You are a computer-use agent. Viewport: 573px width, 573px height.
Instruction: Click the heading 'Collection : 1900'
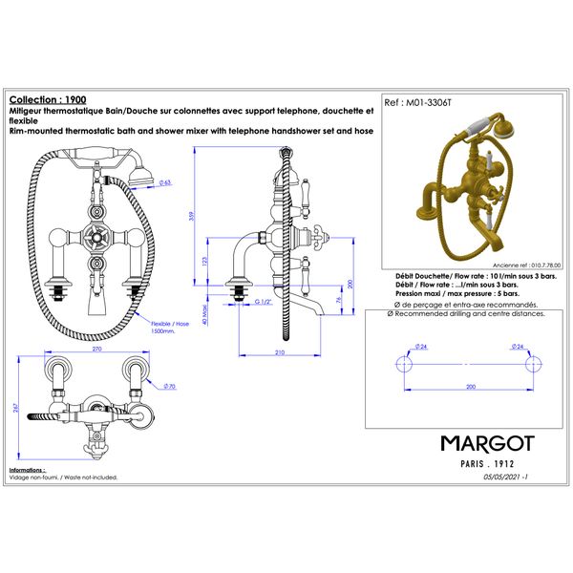(x=47, y=98)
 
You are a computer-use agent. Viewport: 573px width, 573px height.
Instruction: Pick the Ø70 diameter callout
(x=168, y=387)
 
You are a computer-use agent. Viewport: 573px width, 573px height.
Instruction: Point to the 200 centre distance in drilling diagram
(x=471, y=387)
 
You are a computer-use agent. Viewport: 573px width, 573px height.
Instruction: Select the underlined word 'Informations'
(x=27, y=471)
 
